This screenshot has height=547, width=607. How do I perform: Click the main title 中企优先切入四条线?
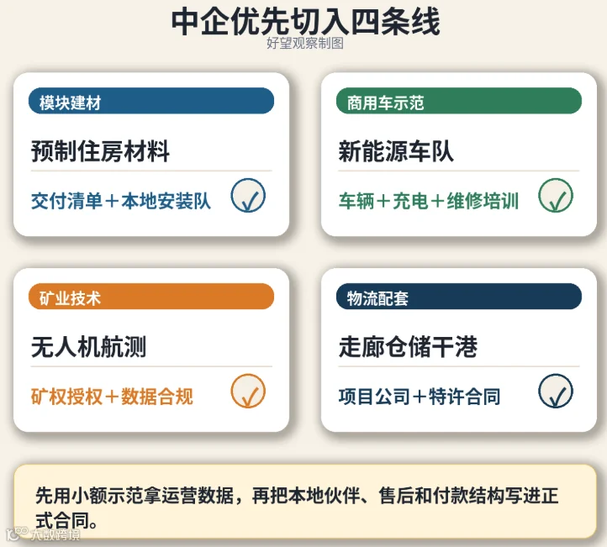click(305, 22)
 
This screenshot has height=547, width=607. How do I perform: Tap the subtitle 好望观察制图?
click(305, 43)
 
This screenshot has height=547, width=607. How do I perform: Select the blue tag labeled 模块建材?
click(151, 101)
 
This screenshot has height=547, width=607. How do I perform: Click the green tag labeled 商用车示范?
click(459, 101)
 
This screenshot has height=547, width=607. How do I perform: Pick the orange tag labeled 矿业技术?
click(151, 297)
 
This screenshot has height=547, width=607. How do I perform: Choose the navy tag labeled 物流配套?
click(459, 297)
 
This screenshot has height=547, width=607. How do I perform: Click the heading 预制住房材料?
click(100, 151)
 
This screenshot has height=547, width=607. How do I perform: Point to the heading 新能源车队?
click(396, 151)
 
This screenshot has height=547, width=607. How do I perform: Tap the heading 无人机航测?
click(88, 347)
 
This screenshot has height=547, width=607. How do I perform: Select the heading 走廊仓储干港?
click(408, 347)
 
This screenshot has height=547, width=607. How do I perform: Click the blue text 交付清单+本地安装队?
click(121, 201)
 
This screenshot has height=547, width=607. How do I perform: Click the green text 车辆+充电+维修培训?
click(429, 201)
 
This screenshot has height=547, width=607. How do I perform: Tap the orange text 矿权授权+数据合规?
click(112, 397)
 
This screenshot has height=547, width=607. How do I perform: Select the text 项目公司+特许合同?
click(420, 397)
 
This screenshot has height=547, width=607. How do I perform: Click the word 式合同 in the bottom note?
click(62, 521)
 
